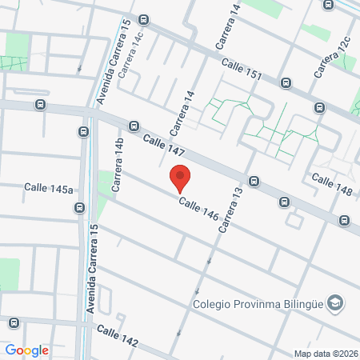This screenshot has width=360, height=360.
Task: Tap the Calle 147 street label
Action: [x=165, y=146]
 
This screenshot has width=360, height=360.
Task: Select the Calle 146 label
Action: [x=198, y=209]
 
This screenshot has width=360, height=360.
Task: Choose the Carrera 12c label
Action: [x=331, y=58]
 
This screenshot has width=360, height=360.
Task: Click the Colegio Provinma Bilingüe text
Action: [x=260, y=303]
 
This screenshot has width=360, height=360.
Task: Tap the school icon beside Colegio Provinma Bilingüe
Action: [x=336, y=302]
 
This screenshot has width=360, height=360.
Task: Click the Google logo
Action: [x=27, y=350]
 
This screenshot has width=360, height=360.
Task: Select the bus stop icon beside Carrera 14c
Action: [x=143, y=19]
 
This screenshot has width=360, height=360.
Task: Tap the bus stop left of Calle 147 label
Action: [x=134, y=126]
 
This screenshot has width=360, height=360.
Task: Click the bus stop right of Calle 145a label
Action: [x=79, y=208]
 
